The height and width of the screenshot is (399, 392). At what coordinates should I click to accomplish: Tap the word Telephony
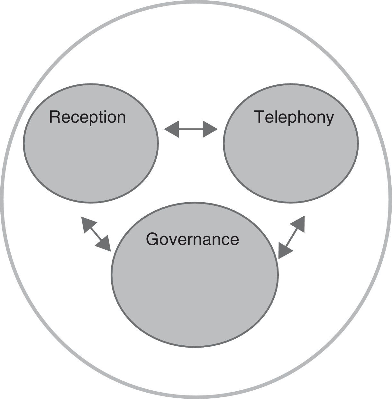294,117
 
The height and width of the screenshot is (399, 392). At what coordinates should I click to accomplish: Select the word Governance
192,239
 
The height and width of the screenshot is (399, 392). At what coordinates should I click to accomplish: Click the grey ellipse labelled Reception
90,154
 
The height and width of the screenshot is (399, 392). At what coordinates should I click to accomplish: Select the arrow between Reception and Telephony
191,129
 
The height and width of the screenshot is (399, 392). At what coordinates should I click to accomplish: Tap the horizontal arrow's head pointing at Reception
171,129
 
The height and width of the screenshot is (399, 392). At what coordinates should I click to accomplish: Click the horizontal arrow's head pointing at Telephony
210,129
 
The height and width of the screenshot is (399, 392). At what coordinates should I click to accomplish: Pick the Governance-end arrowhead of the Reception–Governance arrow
105,245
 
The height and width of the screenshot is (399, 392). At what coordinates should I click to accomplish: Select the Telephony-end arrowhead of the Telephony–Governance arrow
299,223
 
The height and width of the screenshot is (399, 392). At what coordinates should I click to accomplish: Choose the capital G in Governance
152,239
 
